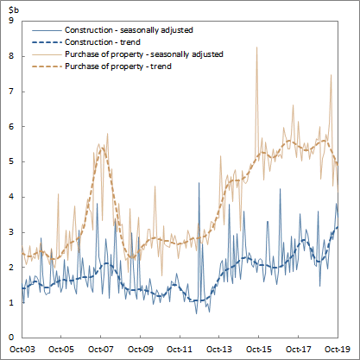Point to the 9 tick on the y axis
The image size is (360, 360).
coord(9,20)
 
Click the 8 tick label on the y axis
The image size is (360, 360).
coord(9,55)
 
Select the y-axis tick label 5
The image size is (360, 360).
coord(9,161)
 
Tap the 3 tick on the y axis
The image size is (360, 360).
coord(9,231)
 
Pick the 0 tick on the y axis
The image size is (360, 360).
coord(9,337)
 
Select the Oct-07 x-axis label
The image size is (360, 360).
coord(101,350)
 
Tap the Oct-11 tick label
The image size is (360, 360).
coord(180,350)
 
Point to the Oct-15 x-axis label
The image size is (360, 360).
coord(258,350)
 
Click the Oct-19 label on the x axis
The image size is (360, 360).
coord(337,350)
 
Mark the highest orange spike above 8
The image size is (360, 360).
coord(256,48)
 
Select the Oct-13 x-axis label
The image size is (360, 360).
coord(219,350)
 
